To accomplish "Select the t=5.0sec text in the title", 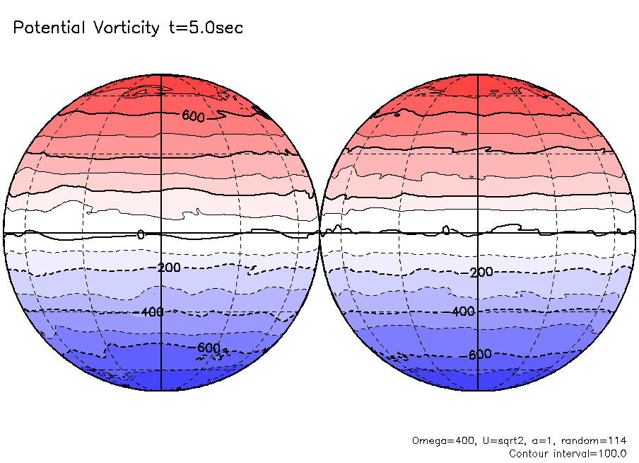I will point(205,28).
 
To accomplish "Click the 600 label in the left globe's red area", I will point(193,116).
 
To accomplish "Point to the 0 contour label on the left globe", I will point(141,234).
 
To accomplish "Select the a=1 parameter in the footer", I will point(537,440).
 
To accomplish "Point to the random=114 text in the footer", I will point(592,440).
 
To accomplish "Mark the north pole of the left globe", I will point(162,74).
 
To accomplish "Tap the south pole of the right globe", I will point(479,390).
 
